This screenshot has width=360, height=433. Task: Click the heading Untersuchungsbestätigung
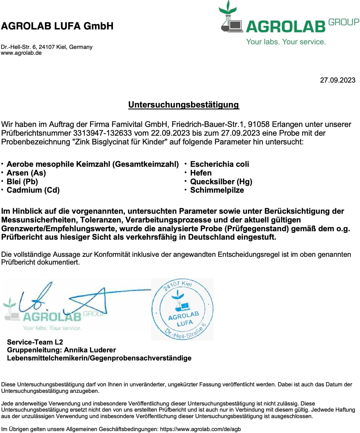(184, 105)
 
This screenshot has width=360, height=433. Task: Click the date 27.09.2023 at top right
(337, 80)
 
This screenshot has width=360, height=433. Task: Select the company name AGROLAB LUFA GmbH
(57, 26)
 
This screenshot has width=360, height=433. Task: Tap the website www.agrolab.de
(21, 53)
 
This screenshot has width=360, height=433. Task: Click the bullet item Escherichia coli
(219, 164)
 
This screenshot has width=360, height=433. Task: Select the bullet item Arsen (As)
(26, 173)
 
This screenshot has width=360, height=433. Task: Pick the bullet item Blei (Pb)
(22, 182)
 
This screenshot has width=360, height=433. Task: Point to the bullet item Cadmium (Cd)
(33, 190)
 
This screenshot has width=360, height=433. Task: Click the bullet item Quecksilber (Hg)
(221, 182)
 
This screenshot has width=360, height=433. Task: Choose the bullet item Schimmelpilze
(217, 190)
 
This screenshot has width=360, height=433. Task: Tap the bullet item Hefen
(201, 173)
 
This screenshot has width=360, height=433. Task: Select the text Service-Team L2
(35, 342)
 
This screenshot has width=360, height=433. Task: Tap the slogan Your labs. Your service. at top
(286, 42)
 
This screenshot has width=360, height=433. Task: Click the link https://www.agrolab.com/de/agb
(200, 429)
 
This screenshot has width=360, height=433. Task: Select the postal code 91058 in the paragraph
(258, 124)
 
